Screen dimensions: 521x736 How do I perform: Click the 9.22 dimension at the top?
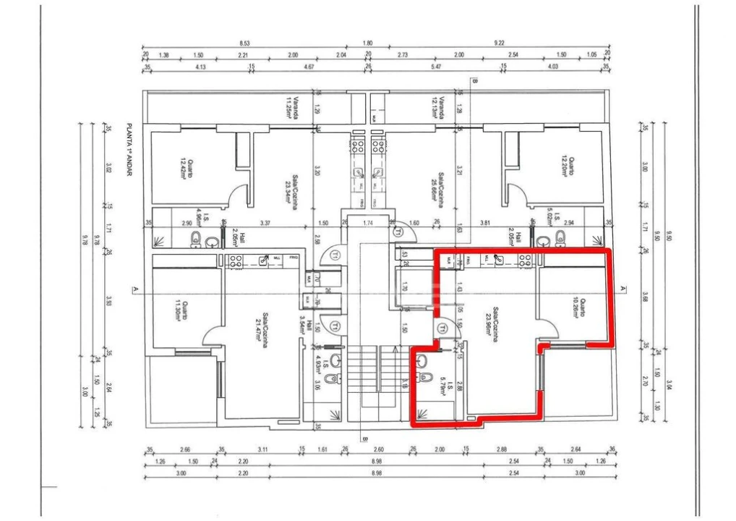point(499,43)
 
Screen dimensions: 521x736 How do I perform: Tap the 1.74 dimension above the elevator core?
point(367,223)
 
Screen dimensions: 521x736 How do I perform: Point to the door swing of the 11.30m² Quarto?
point(212,334)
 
